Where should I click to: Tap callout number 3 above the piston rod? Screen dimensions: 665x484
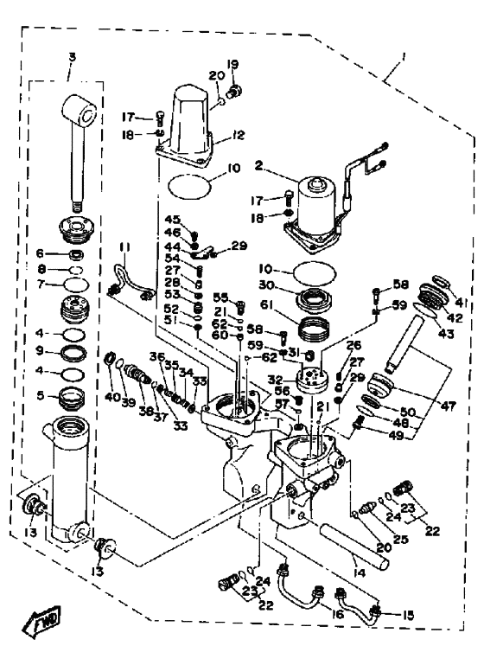[x=72, y=57]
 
